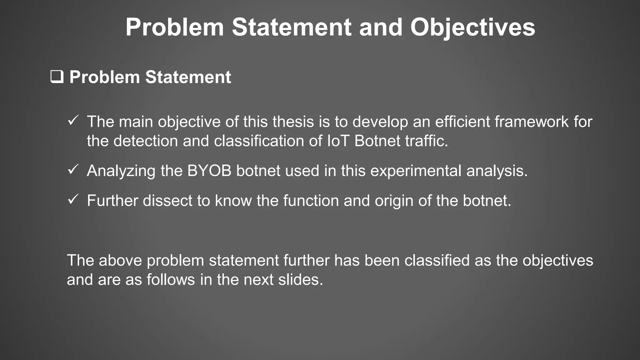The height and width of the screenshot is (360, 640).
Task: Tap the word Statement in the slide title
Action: (292, 27)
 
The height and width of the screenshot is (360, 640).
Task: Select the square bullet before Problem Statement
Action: (57, 77)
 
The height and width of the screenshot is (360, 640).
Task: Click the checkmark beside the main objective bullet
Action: (73, 120)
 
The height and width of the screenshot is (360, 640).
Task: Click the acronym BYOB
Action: (209, 171)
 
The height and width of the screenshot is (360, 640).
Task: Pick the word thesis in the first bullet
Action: (293, 122)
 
